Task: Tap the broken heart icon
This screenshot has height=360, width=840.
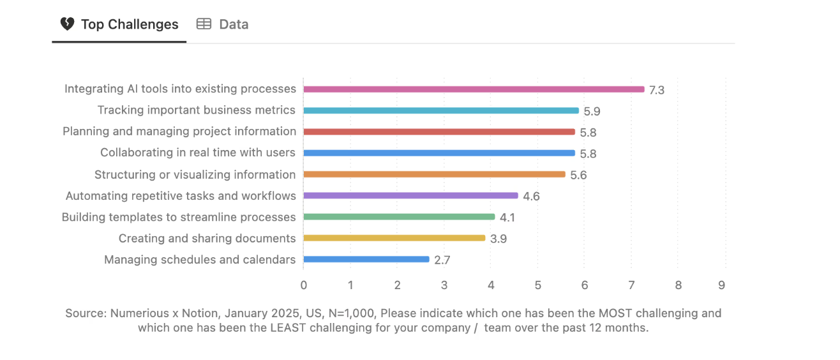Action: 67,24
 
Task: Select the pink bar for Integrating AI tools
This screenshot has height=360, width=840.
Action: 474,89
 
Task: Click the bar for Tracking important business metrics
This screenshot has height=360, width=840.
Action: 440,110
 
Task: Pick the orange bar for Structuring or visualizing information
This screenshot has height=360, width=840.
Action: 434,174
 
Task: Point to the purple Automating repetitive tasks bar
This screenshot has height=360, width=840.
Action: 410,195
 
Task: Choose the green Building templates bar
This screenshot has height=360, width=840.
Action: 399,217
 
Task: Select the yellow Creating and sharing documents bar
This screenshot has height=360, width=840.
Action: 394,238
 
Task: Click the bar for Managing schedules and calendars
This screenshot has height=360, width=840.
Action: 366,259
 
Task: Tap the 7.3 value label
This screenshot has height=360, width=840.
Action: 657,90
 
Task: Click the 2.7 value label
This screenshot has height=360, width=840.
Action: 442,260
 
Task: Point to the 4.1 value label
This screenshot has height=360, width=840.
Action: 507,218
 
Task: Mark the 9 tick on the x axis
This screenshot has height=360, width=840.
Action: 721,285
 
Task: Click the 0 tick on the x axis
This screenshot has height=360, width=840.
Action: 304,285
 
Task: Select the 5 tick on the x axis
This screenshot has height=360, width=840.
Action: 538,285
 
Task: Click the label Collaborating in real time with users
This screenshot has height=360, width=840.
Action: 198,153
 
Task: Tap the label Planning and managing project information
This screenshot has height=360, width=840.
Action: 179,131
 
